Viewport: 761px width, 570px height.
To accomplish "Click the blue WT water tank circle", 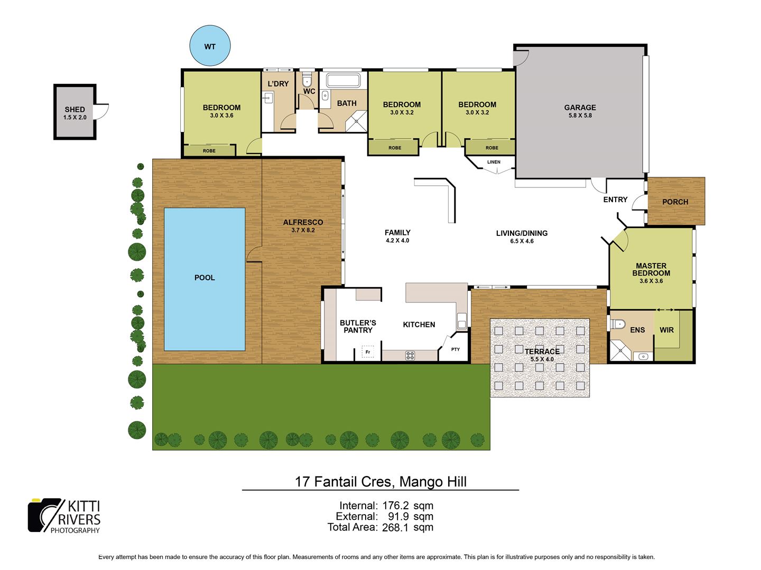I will coord(210,46).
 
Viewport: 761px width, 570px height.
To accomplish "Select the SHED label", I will coord(75,110).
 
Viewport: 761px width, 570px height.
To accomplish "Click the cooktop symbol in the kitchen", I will coord(410,355).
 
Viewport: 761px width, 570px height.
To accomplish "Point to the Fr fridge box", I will coord(368,352).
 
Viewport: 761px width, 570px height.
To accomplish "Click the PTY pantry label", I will coord(456,349).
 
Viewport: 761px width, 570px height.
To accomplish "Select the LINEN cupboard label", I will coord(494,162).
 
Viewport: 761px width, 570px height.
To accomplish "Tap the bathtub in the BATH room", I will coord(343,81).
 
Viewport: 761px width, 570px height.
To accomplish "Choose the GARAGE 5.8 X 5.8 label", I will coord(580,111).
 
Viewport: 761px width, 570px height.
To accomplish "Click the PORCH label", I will coord(675,202).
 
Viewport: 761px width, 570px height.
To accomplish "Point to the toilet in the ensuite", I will coord(618,324).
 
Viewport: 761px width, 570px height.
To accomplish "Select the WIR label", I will coord(666,330).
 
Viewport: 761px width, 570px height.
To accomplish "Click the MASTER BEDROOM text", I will coord(651,270).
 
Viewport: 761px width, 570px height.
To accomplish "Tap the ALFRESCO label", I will coord(303,223).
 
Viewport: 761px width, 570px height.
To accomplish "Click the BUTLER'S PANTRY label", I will coord(358,326).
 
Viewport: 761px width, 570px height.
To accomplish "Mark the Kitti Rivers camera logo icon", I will coord(44,515).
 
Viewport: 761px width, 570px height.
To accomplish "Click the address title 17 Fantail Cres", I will coord(380,481).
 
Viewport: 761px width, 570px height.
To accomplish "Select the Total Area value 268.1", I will coord(395,527).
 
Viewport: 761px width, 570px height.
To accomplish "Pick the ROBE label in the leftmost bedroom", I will coord(209,151).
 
